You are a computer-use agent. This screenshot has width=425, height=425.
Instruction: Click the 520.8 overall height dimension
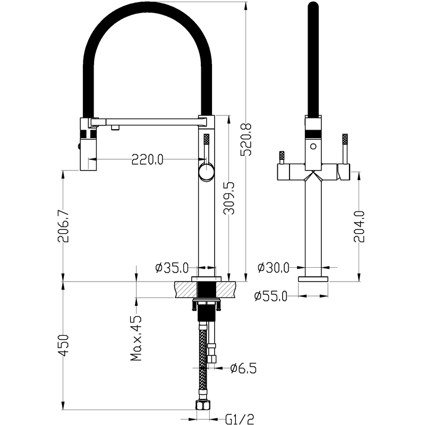246,140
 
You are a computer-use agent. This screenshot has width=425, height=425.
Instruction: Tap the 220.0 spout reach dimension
148,159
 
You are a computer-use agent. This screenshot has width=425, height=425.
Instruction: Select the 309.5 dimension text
229,198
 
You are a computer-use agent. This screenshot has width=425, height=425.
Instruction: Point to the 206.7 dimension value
63,226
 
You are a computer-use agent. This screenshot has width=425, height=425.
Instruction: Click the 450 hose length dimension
63,345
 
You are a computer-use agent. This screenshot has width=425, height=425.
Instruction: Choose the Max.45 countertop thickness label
136,338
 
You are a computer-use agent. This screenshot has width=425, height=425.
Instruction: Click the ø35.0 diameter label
172,268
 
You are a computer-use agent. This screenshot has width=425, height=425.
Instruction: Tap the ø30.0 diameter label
274,268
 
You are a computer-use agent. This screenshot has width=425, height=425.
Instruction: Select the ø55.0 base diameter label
270,296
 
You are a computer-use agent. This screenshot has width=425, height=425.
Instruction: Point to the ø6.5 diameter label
243,368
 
